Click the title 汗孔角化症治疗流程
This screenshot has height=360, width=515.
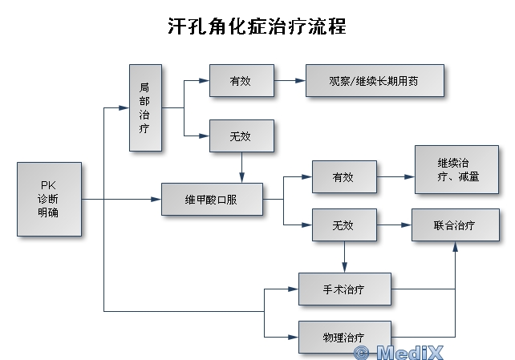point(257,26)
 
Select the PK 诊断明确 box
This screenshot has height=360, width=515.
point(49,199)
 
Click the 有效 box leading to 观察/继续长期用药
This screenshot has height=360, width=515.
point(241,81)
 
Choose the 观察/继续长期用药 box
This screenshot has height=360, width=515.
point(375,81)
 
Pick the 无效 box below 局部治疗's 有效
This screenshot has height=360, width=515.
point(241,136)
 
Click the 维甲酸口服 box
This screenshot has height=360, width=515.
point(212,199)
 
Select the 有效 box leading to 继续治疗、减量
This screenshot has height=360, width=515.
point(344,176)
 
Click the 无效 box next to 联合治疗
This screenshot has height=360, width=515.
point(344,225)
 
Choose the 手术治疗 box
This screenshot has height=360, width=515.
point(344,289)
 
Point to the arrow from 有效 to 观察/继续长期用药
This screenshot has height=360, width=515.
point(290,81)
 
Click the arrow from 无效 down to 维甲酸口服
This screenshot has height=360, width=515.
point(241,168)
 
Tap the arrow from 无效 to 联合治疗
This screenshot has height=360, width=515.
point(394,225)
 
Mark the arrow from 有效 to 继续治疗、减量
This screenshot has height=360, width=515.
point(395,176)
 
